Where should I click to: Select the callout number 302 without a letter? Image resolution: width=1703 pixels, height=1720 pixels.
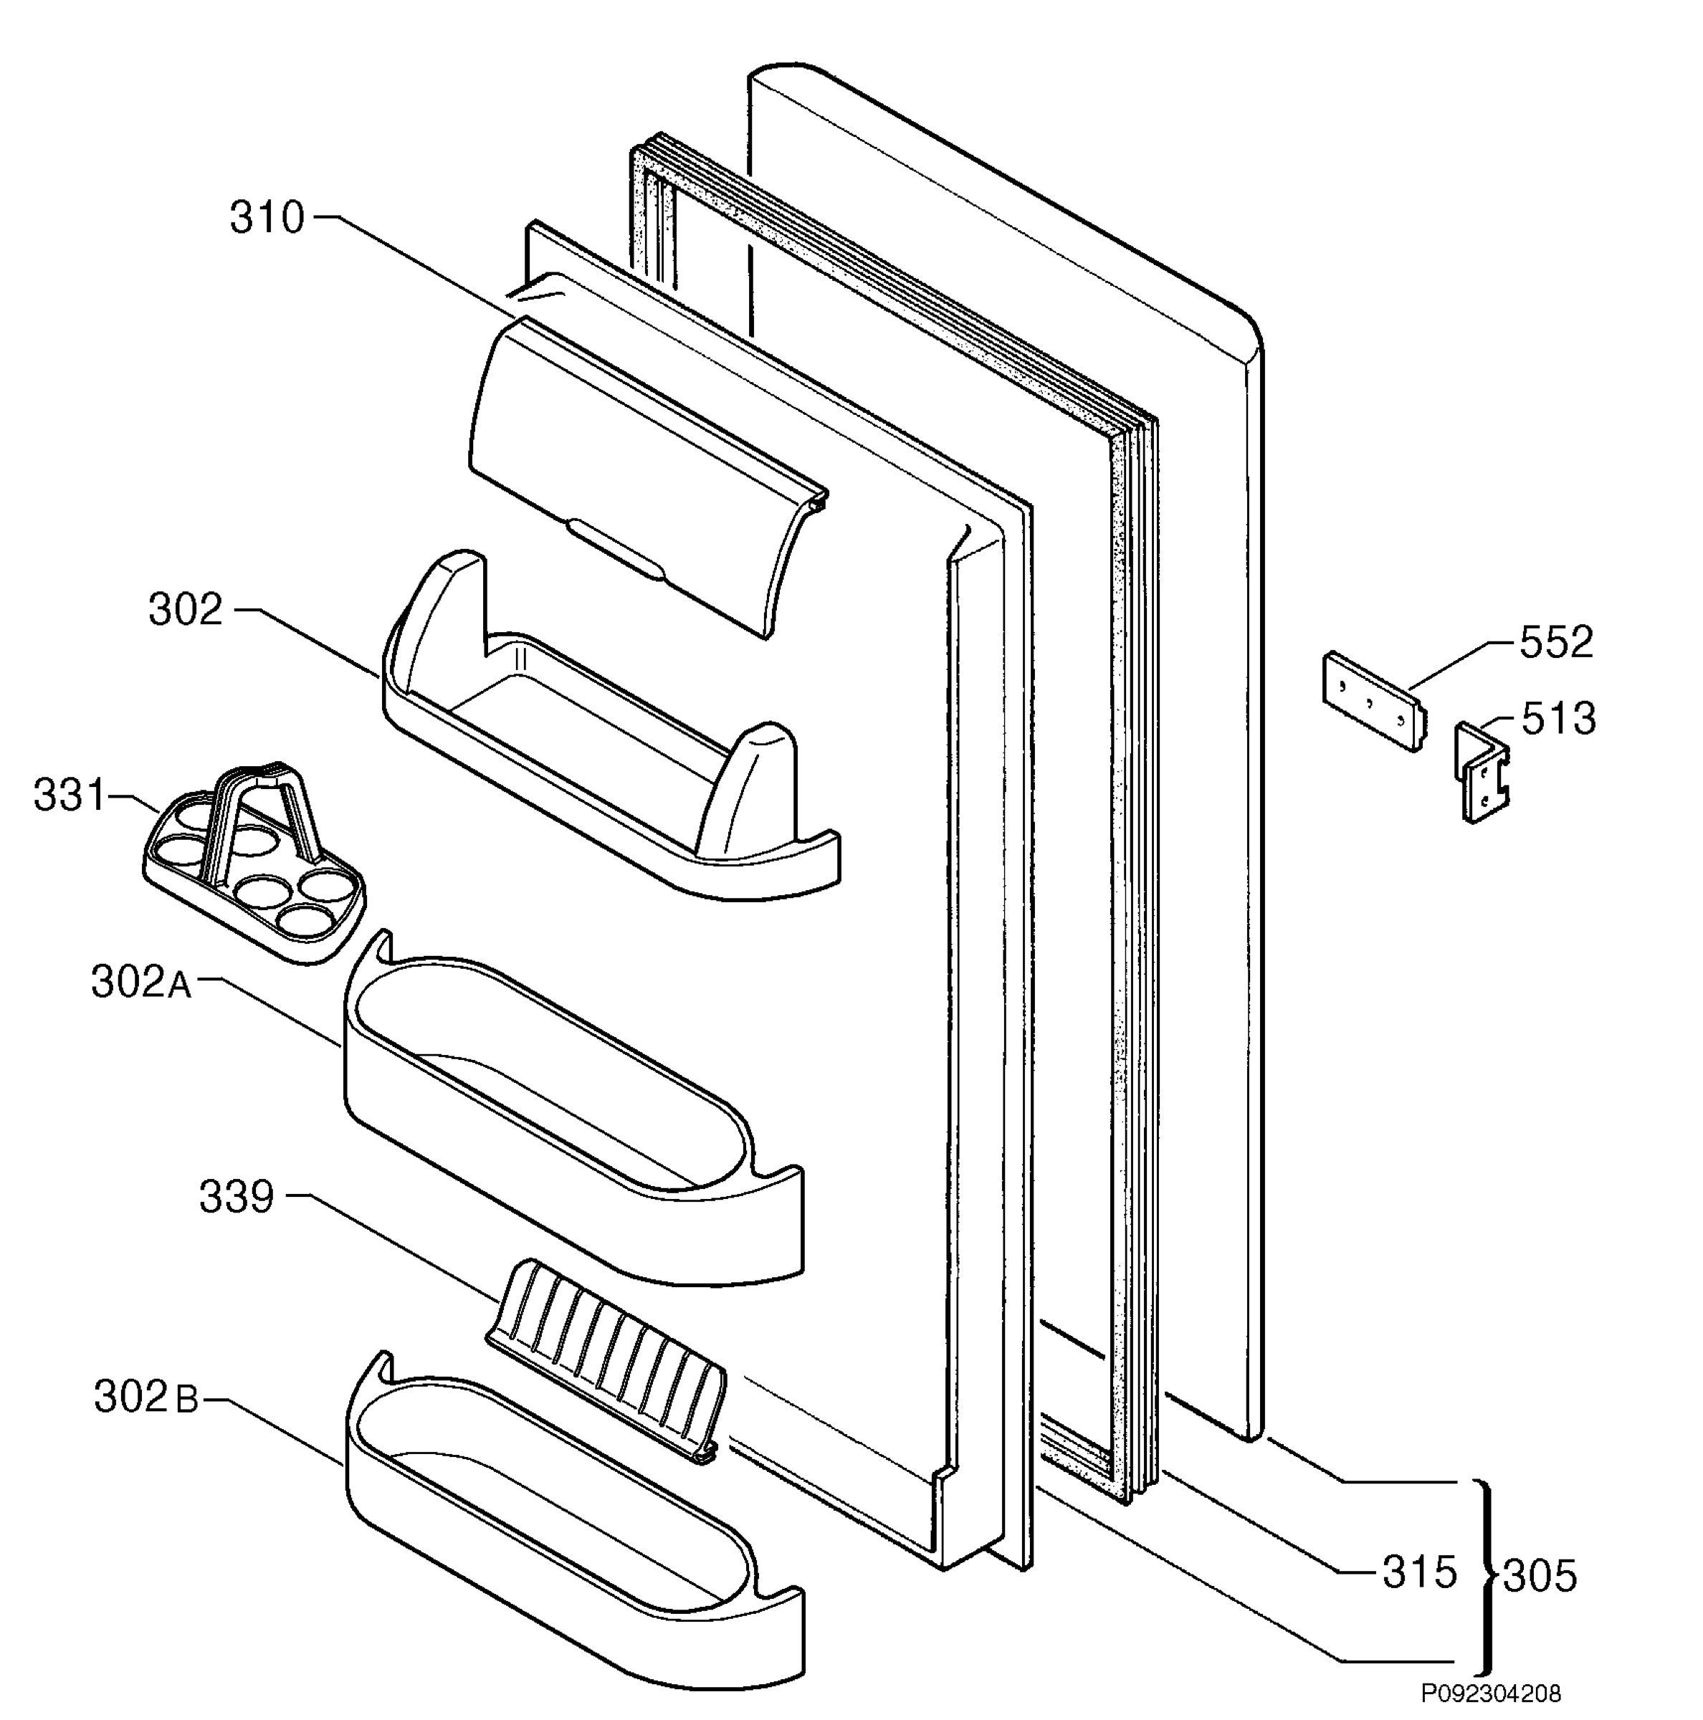pos(185,611)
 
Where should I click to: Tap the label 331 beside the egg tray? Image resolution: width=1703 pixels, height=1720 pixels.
pos(70,795)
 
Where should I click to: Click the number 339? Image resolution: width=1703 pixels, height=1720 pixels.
pos(236,1198)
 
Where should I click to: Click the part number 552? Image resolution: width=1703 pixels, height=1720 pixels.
pos(1555,643)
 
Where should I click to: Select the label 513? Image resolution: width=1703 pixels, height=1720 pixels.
pos(1558,718)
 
